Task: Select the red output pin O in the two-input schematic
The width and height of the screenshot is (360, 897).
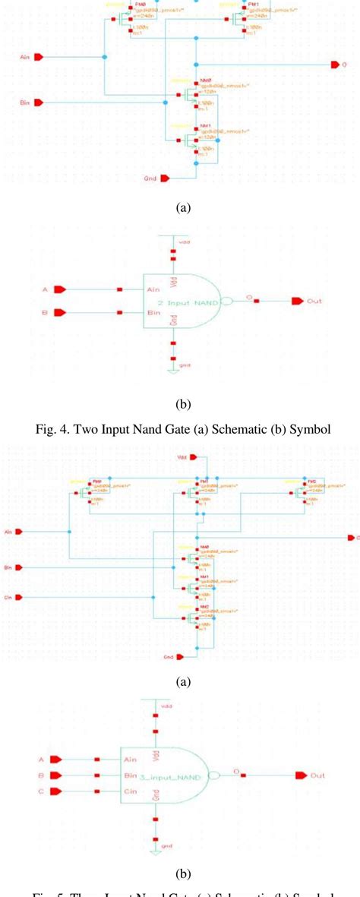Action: pos(333,65)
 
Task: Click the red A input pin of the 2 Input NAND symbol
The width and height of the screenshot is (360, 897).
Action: pos(60,289)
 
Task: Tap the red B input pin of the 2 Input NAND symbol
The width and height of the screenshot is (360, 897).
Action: pos(60,312)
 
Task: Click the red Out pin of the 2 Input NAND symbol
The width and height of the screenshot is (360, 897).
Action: pos(293,302)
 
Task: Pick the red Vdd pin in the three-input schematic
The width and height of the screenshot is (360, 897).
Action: pos(197,457)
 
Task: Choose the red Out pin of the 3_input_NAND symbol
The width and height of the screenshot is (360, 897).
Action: pos(300,775)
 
